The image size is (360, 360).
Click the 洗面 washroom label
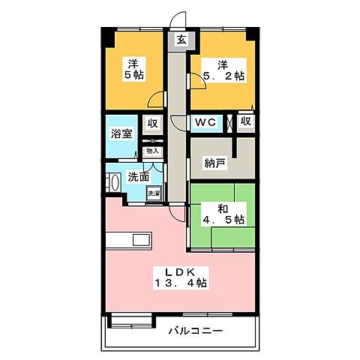[137, 178]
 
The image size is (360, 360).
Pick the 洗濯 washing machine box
[153, 193]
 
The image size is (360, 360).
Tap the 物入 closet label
[152, 151]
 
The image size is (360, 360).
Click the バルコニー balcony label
[194, 330]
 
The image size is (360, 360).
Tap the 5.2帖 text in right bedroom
[222, 75]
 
